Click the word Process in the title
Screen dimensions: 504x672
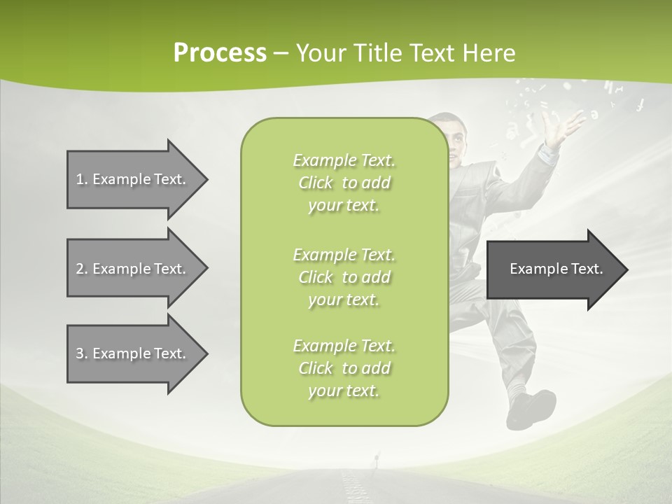[219, 53]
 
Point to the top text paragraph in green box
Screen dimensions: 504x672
[344, 183]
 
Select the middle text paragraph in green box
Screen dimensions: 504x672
[344, 277]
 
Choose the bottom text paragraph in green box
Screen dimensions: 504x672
[344, 368]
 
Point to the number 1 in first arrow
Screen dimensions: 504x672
[80, 179]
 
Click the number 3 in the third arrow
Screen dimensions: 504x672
[80, 353]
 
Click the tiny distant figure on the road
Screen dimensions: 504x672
[377, 459]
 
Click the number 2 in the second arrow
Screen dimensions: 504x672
[80, 269]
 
